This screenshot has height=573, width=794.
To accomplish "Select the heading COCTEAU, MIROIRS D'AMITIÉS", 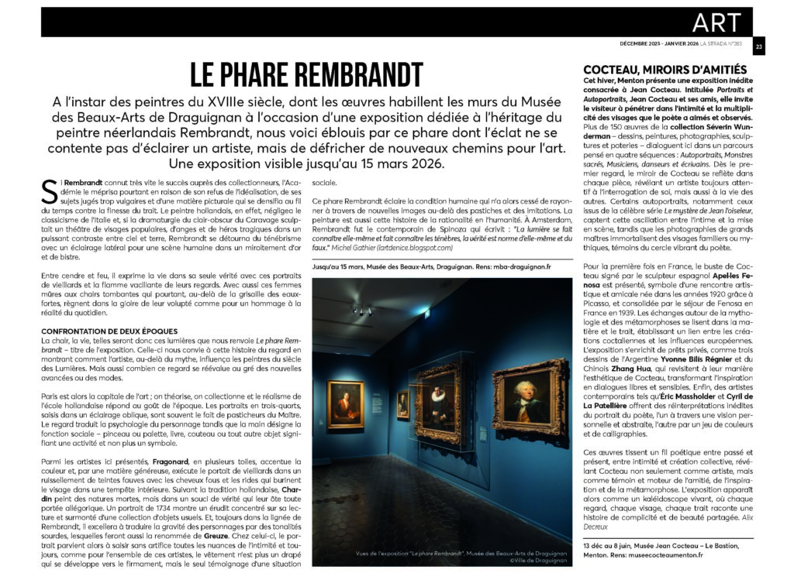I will (x=665, y=70).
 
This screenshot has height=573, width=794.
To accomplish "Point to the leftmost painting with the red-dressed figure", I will (x=344, y=405).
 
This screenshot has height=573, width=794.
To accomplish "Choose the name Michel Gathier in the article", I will (x=349, y=247).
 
